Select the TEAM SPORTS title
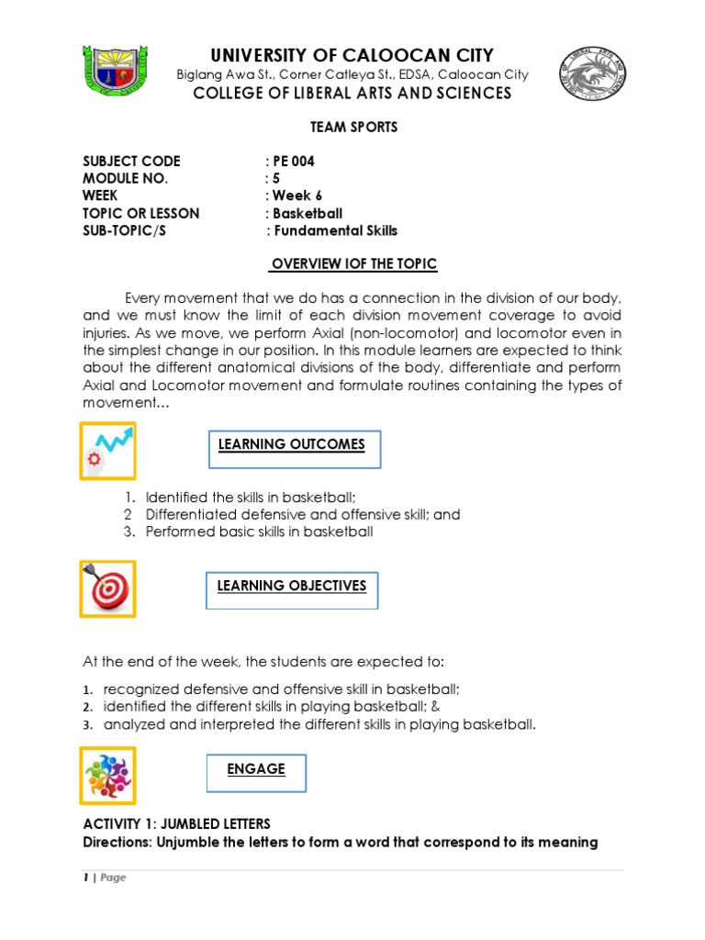tap(352, 128)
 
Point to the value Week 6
tap(294, 196)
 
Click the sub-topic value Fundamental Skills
tap(332, 230)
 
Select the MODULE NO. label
tap(126, 179)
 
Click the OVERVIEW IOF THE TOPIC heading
tap(352, 264)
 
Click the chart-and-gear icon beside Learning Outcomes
tap(107, 451)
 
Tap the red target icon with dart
tap(107, 588)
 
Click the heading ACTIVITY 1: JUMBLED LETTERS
tap(177, 823)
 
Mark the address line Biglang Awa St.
tap(352, 74)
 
